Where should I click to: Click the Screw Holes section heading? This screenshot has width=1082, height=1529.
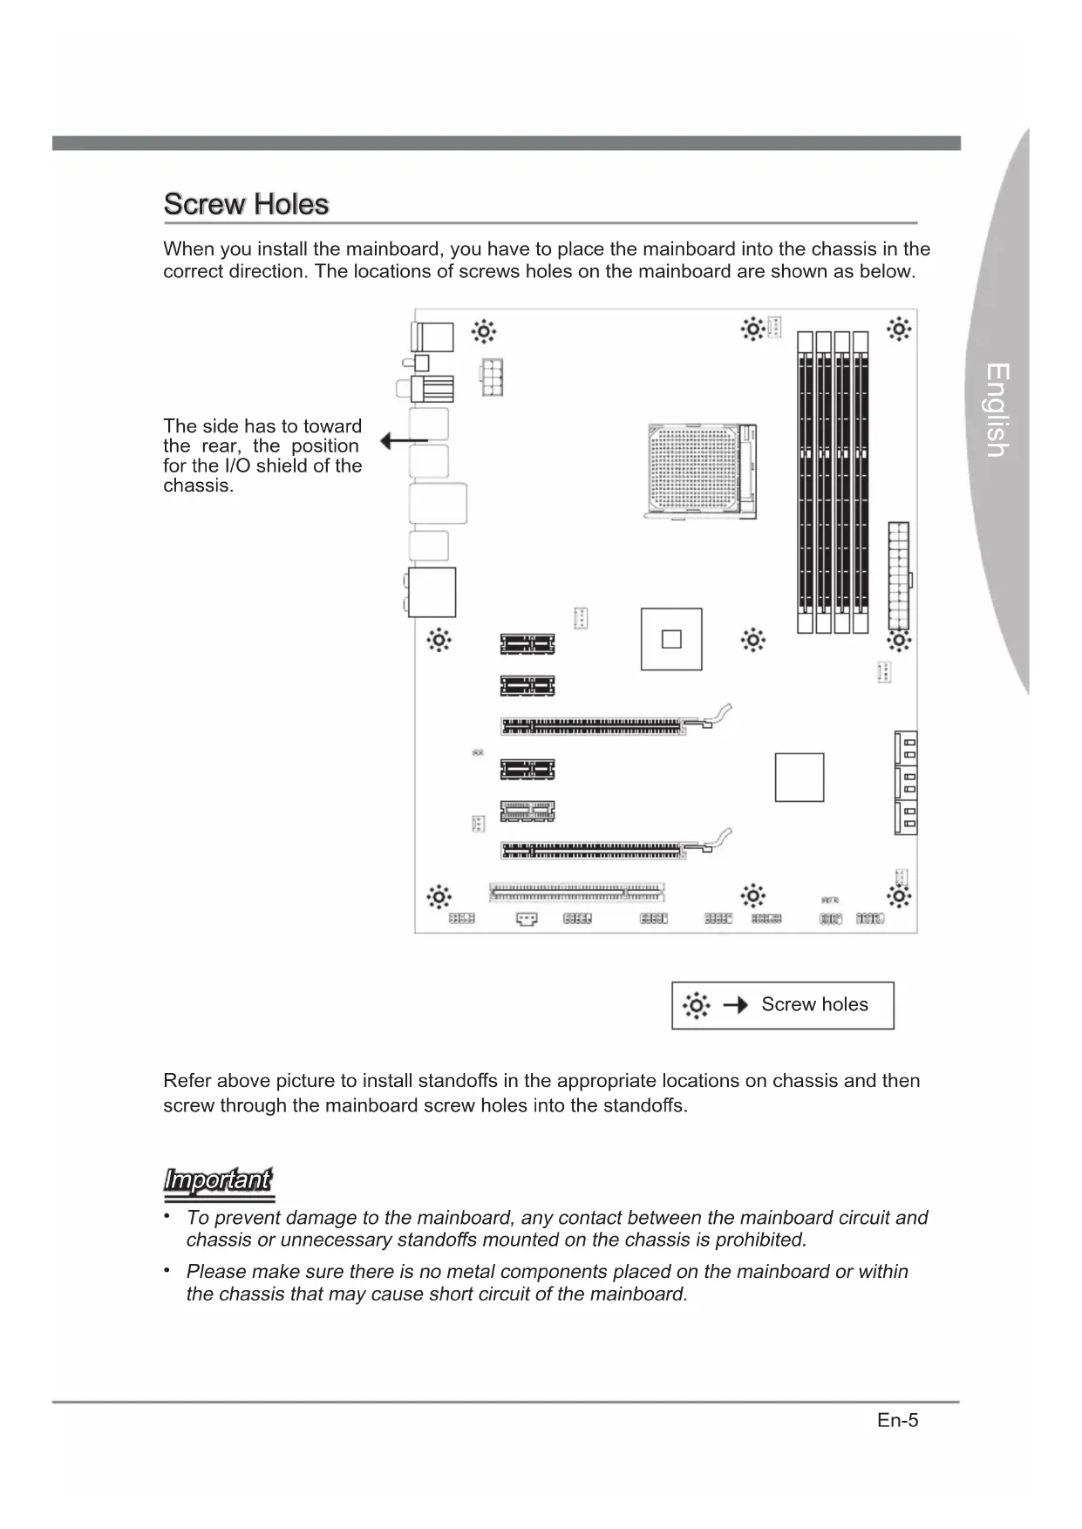(x=246, y=204)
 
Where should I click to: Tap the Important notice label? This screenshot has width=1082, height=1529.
(x=218, y=1180)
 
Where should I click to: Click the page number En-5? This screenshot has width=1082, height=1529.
(x=897, y=1421)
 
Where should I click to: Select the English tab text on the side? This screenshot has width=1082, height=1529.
(x=997, y=410)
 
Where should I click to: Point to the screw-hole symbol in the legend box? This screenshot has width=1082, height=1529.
(x=696, y=1005)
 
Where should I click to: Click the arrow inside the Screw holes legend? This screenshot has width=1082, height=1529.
(x=736, y=1005)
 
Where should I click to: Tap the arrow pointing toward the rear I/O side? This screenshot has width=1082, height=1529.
(x=403, y=442)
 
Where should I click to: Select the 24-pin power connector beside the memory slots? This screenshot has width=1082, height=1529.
(x=898, y=575)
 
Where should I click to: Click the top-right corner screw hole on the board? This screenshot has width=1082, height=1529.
(x=899, y=330)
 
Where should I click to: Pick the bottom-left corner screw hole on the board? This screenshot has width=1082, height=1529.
(x=439, y=896)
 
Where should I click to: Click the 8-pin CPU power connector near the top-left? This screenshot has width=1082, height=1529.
(x=491, y=377)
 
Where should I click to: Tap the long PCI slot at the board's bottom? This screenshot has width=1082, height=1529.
(x=576, y=892)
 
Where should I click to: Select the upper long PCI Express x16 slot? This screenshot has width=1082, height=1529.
(x=594, y=725)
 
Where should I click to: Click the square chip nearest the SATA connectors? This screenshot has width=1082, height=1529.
(x=799, y=777)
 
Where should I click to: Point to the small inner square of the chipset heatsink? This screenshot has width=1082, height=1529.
(x=670, y=639)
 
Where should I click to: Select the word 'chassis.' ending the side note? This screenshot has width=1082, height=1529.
(x=199, y=486)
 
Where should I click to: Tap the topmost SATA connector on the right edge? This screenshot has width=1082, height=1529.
(x=905, y=747)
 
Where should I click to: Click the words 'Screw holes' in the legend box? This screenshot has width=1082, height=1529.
(x=814, y=1004)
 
